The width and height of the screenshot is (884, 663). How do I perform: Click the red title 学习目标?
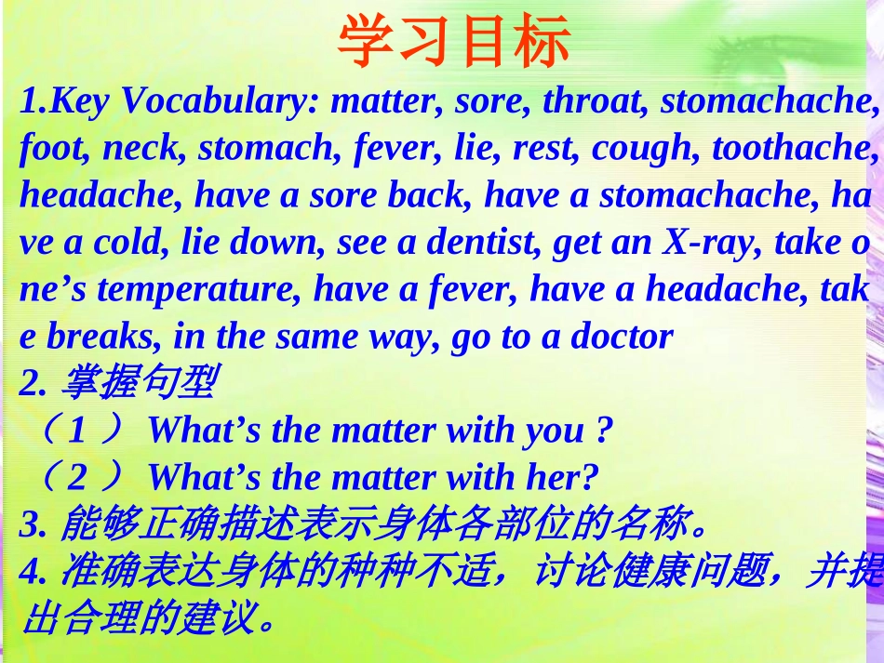point(453,42)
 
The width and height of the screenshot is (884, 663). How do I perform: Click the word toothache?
point(794,149)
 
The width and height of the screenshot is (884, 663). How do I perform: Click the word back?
point(437,196)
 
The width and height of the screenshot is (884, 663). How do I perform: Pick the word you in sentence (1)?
point(555,431)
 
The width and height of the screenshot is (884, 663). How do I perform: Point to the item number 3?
point(31,526)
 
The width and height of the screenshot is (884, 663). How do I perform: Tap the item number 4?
point(31,574)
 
